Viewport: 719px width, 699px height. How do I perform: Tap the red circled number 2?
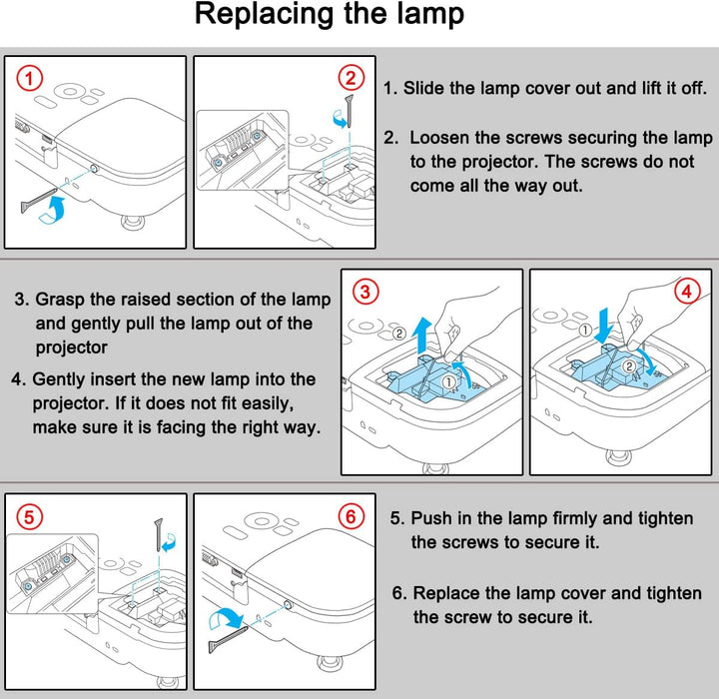coord(351,78)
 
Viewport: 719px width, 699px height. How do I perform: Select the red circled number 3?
coord(366,292)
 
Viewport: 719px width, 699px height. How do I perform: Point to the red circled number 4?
coord(687,292)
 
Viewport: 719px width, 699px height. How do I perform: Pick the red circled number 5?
coord(30,516)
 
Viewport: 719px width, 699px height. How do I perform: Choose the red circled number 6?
coord(351,516)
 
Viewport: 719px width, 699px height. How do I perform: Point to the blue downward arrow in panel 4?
coord(605,319)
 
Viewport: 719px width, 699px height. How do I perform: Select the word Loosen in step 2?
coord(440,137)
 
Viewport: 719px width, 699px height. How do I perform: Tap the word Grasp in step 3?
coord(60,300)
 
